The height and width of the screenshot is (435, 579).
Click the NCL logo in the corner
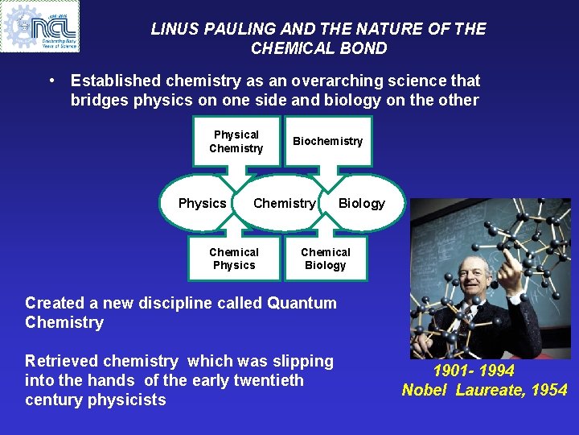tap(40, 27)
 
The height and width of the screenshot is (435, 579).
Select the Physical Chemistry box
tap(236, 142)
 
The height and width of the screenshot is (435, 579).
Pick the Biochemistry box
tap(327, 141)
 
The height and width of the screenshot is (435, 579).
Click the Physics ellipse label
tap(202, 203)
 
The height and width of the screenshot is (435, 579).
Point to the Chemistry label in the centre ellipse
tap(284, 203)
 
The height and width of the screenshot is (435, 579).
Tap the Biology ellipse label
tap(361, 203)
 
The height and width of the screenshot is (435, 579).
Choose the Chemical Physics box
tap(234, 259)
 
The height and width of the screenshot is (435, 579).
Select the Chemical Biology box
tap(326, 259)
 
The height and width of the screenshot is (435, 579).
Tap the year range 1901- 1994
tap(474, 371)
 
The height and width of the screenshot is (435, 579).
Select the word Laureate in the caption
tap(489, 391)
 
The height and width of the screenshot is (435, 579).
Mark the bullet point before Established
tap(51, 81)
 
